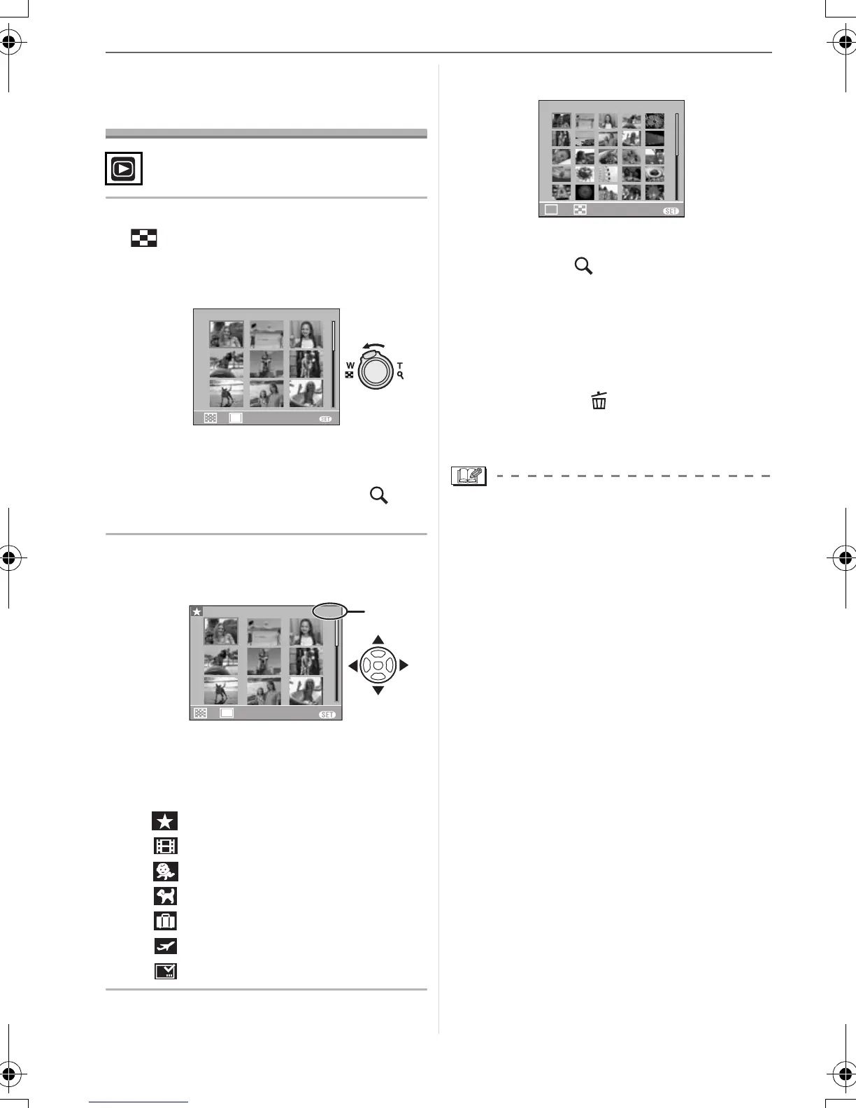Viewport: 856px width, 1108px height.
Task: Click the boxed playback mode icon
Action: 124,169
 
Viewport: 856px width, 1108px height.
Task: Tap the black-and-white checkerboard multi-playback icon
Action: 143,239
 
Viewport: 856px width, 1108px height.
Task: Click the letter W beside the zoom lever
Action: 350,366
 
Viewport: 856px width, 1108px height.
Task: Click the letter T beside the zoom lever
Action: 400,366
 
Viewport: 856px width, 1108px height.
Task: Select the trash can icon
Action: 599,401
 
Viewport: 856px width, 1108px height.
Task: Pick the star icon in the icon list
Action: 166,821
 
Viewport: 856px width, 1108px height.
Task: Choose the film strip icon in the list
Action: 166,846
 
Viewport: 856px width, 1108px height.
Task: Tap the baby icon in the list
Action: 166,871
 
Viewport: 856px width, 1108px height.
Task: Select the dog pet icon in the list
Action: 166,896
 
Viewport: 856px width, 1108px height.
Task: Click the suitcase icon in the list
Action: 166,921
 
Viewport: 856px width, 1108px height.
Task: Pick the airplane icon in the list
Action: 166,946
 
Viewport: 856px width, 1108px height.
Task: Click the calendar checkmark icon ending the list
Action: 166,971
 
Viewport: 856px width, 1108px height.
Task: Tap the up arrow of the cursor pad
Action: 378,639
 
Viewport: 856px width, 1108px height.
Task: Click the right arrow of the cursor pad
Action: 404,665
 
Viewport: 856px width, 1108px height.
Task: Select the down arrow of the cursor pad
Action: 378,690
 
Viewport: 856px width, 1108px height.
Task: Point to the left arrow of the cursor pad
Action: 352,665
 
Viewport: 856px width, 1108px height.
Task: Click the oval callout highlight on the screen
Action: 330,612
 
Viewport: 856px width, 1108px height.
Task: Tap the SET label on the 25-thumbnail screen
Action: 671,211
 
